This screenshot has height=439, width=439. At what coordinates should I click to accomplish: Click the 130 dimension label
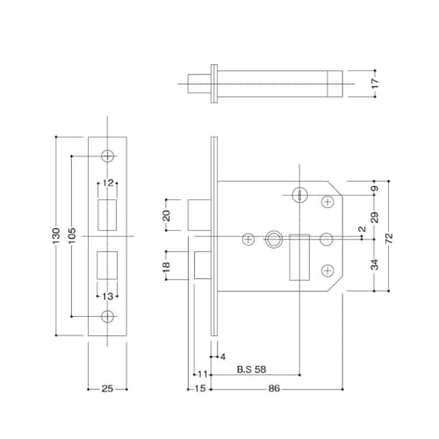pos(55,236)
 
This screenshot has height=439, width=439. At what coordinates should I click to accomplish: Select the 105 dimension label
pos(71,236)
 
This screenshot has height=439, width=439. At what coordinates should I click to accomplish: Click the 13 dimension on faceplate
pos(108,295)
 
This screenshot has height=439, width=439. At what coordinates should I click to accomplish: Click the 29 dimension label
pos(376,216)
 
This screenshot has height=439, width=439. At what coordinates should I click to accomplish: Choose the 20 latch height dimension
pos(166,217)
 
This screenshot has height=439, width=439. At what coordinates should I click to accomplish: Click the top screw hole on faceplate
pos(108,155)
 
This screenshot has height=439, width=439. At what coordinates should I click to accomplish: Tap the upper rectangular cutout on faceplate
pos(108,212)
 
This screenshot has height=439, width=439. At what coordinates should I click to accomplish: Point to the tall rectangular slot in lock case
pos(298,257)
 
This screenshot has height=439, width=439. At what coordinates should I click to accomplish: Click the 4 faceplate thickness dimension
pos(224,356)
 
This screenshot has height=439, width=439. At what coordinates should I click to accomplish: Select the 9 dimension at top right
pos(376,188)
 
